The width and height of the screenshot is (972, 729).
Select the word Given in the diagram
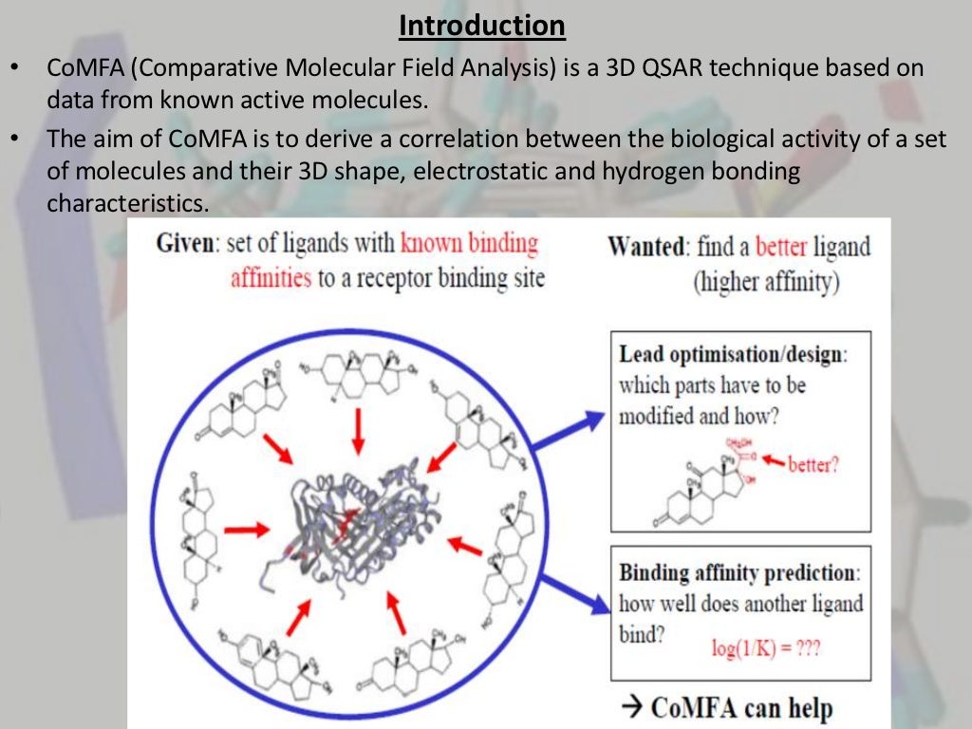tap(184, 244)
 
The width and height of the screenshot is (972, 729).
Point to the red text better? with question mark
tap(813, 465)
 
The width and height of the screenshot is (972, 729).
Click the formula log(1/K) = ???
tap(766, 649)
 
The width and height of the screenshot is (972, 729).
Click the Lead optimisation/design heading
tap(733, 355)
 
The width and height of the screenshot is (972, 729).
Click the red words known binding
tap(469, 244)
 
